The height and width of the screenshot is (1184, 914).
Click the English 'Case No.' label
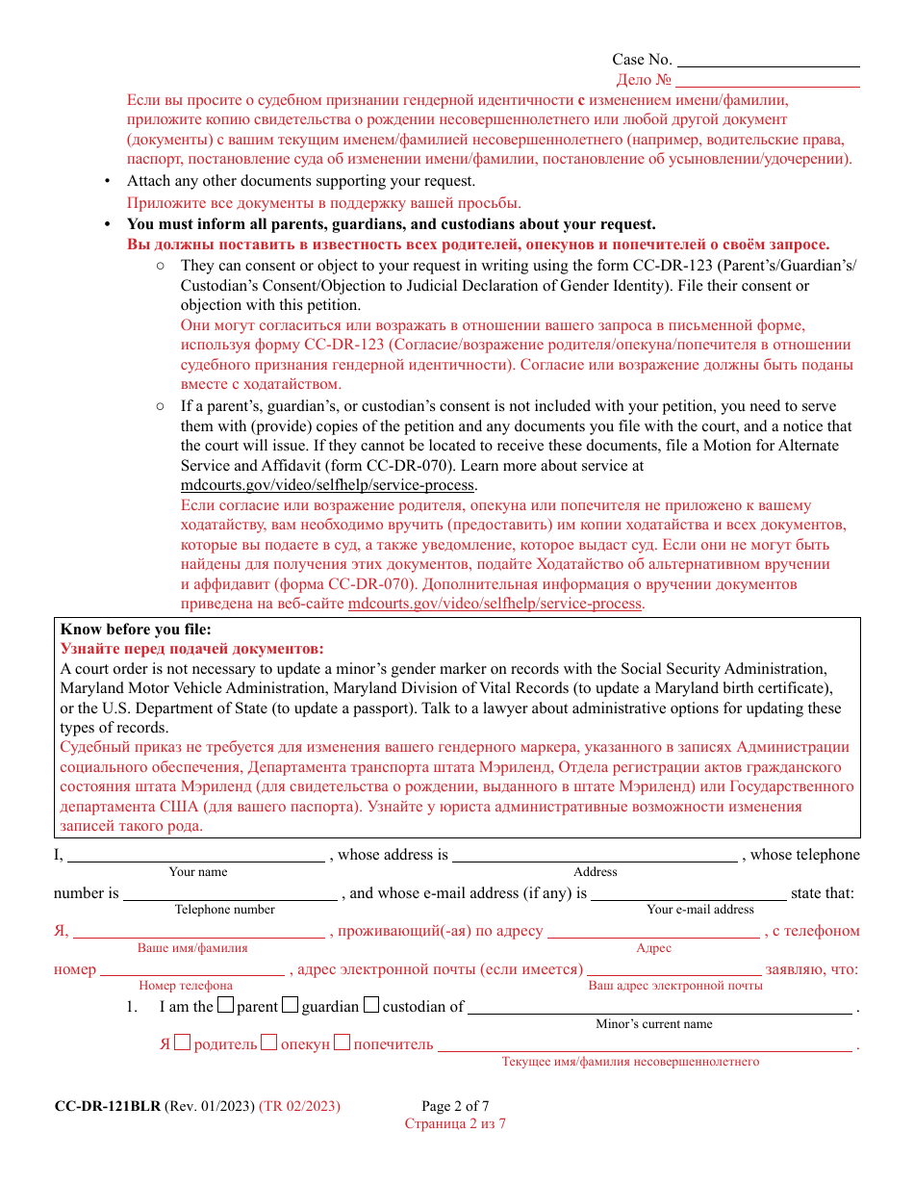click(642, 60)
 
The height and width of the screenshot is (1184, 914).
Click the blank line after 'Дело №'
click(768, 81)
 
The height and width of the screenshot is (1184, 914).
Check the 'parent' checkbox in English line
click(225, 1006)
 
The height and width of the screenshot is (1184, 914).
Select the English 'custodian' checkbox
click(371, 1006)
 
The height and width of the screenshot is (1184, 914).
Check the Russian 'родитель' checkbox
click(183, 1043)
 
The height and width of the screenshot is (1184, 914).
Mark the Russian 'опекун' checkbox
click(269, 1043)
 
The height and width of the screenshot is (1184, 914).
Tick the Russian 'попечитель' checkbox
click(342, 1043)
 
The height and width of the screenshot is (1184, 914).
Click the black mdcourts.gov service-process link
click(328, 485)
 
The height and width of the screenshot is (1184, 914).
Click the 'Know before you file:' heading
click(135, 630)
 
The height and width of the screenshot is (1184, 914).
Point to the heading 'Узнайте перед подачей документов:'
click(192, 649)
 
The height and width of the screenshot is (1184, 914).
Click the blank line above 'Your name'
click(196, 855)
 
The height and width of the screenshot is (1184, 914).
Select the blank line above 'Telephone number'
click(230, 893)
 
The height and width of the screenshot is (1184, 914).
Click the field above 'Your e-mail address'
click(688, 893)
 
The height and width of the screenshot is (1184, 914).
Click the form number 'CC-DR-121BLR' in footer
click(108, 1106)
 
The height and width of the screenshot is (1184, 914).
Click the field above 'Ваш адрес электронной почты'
click(673, 969)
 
